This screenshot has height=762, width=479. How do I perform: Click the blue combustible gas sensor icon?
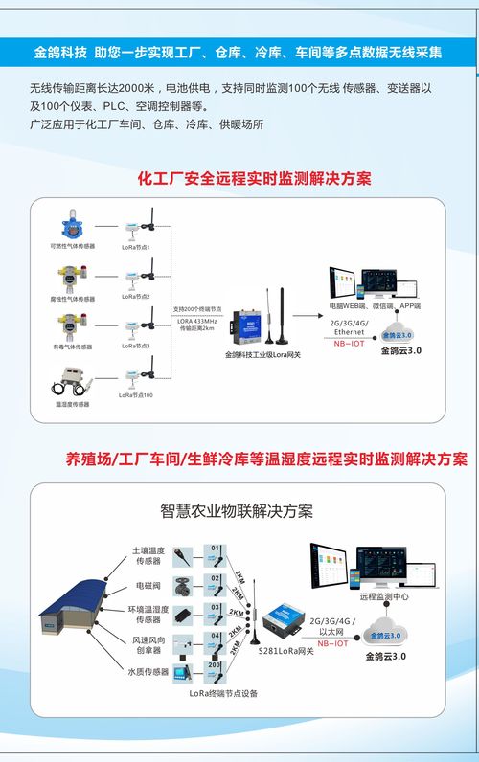pyautogui.click(x=72, y=226)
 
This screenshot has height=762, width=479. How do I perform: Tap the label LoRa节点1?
pyautogui.click(x=134, y=248)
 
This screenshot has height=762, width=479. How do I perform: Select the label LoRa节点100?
pyautogui.click(x=135, y=394)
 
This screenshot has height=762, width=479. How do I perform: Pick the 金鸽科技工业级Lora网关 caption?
pyautogui.click(x=262, y=354)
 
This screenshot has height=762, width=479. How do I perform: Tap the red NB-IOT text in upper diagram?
pyautogui.click(x=348, y=342)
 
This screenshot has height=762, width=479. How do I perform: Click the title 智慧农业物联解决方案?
pyautogui.click(x=237, y=510)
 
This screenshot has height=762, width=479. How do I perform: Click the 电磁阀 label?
pyautogui.click(x=148, y=584)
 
